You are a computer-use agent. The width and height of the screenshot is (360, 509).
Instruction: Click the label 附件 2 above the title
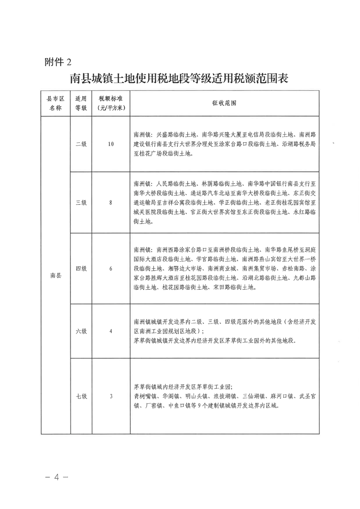click(59, 62)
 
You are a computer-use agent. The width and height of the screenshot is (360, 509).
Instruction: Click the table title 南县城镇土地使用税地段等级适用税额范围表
click(180, 78)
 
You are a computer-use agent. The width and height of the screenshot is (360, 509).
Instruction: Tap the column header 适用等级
click(81, 104)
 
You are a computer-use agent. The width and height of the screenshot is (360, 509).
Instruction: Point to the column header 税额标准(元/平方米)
click(111, 104)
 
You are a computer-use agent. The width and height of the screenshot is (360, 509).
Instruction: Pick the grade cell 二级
click(81, 144)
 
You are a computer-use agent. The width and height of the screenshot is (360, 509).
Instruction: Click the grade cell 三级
click(81, 203)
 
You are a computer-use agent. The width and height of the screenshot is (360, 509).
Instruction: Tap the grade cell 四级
click(81, 269)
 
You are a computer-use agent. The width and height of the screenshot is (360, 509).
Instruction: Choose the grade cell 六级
click(81, 331)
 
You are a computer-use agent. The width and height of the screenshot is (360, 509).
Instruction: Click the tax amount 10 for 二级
click(111, 144)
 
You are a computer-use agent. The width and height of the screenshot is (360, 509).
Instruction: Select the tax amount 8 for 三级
click(111, 203)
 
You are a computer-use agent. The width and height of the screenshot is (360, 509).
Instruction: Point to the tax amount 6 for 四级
click(111, 269)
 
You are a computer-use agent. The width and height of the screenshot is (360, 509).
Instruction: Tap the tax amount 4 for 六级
click(111, 331)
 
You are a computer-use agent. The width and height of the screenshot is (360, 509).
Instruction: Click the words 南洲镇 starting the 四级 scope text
click(143, 250)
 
